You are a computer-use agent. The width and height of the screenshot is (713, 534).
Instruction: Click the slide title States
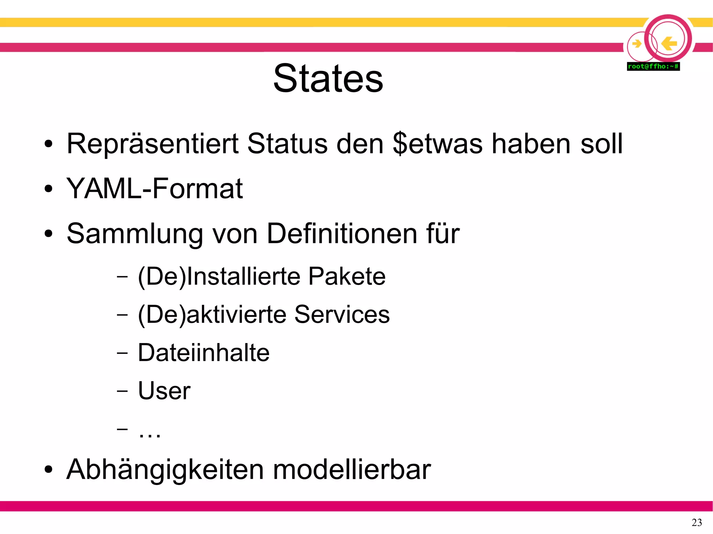click(x=328, y=79)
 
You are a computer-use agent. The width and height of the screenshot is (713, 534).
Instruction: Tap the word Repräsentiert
click(x=152, y=144)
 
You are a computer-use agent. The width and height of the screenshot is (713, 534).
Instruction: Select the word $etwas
click(x=438, y=144)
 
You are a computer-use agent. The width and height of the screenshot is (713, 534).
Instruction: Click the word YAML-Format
click(x=154, y=189)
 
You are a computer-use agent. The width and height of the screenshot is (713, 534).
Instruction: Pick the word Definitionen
click(x=342, y=234)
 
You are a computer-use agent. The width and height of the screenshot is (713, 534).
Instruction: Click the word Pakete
click(x=347, y=277)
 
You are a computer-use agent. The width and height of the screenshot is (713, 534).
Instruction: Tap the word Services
click(x=342, y=314)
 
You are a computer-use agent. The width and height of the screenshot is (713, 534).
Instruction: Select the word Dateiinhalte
click(x=204, y=353)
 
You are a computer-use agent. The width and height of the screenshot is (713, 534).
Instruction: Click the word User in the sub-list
click(x=164, y=391)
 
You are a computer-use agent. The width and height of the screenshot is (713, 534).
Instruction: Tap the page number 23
click(x=697, y=523)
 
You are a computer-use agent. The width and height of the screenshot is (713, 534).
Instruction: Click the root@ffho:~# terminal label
click(x=653, y=66)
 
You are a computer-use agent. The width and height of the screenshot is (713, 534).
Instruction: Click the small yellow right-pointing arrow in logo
click(x=637, y=44)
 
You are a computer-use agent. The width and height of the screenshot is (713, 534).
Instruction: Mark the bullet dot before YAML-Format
click(x=48, y=189)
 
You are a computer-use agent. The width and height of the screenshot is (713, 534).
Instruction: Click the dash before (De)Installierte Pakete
click(x=122, y=277)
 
